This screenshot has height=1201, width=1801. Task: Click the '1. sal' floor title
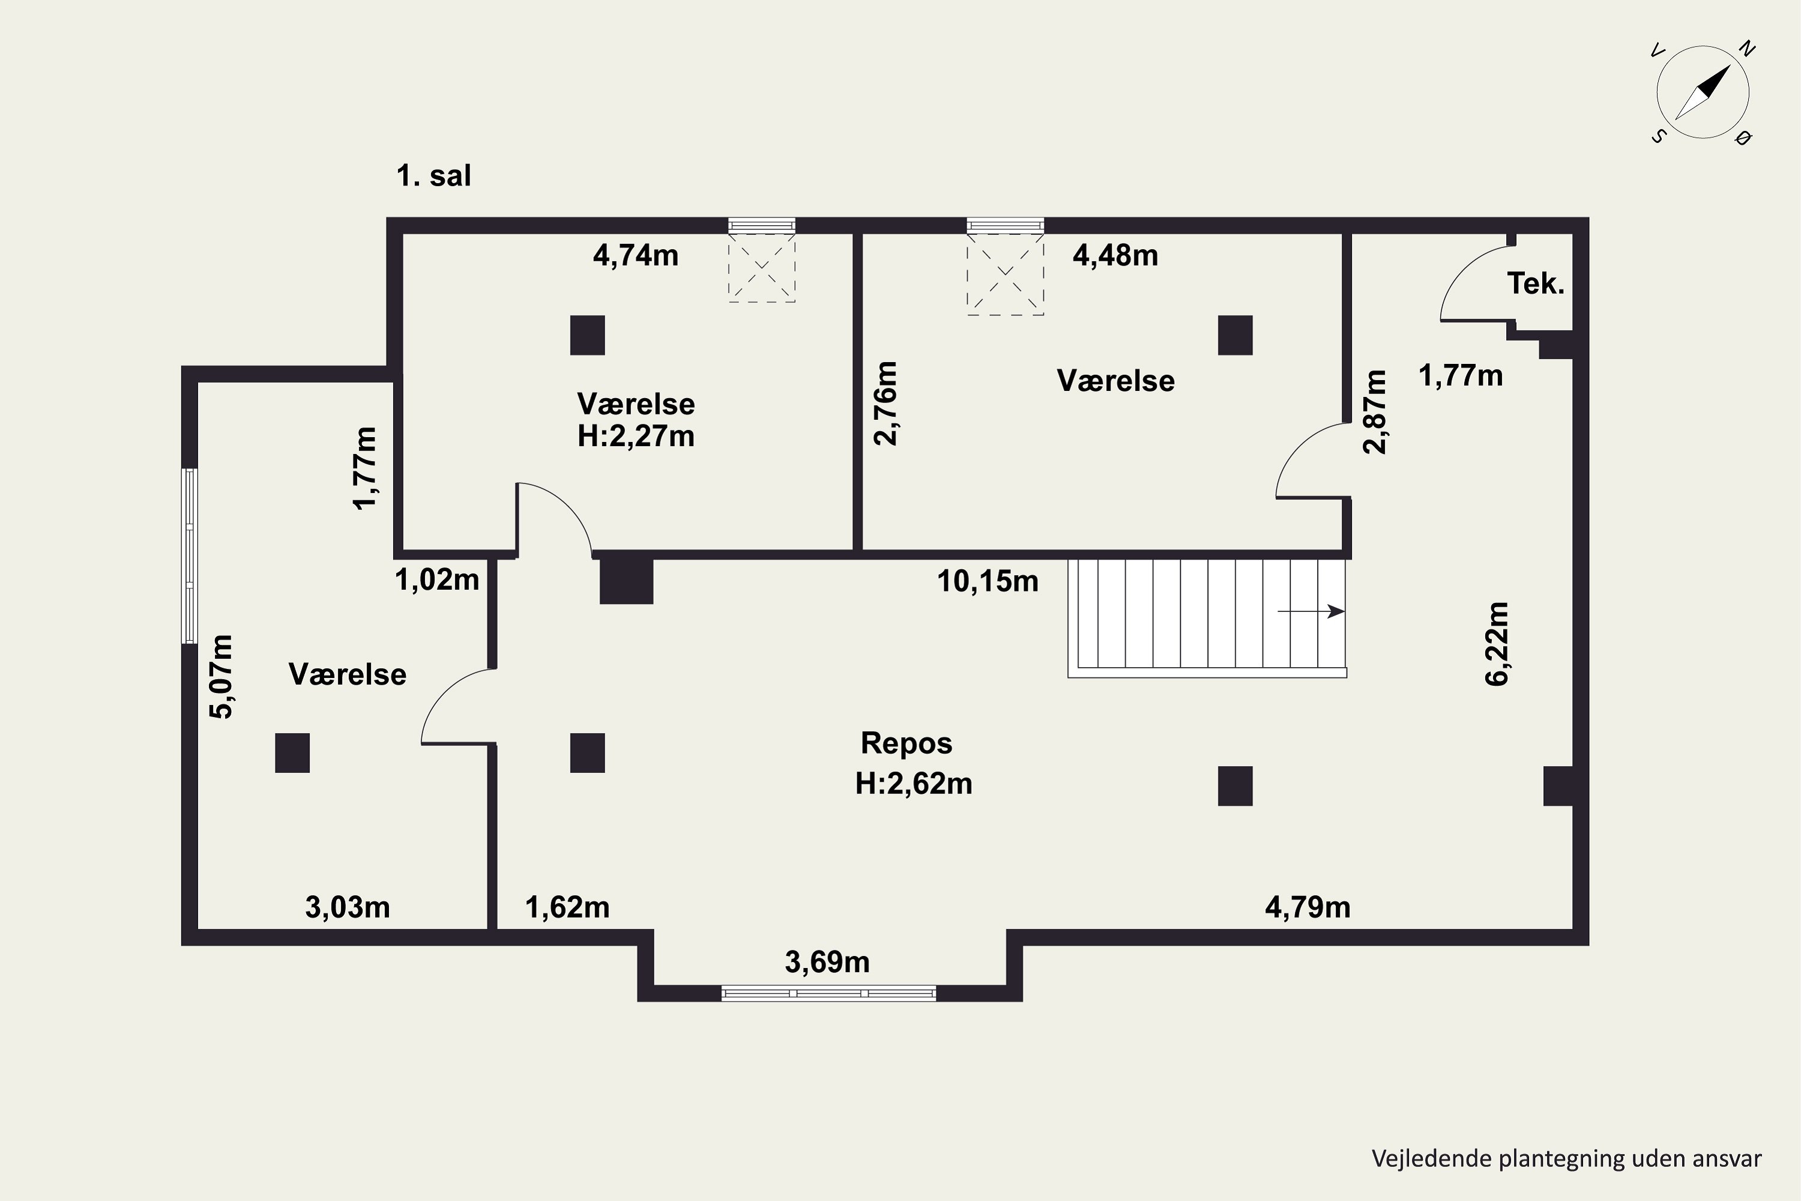point(433,176)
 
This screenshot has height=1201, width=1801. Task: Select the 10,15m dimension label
point(988,581)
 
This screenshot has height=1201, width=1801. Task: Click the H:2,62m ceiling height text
point(914,784)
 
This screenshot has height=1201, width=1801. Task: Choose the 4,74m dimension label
point(636,255)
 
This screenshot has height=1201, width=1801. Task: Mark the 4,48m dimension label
point(1115,255)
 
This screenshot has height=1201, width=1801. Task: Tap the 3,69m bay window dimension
point(827,962)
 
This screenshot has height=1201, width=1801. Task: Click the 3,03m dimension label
point(348,907)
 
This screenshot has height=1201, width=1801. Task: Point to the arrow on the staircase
point(1311,611)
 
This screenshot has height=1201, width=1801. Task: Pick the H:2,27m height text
point(636,437)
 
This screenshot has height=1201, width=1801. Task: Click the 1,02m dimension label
point(437,580)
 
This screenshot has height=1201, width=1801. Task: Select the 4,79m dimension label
point(1308,907)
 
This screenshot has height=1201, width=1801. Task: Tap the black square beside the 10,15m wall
point(626,581)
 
